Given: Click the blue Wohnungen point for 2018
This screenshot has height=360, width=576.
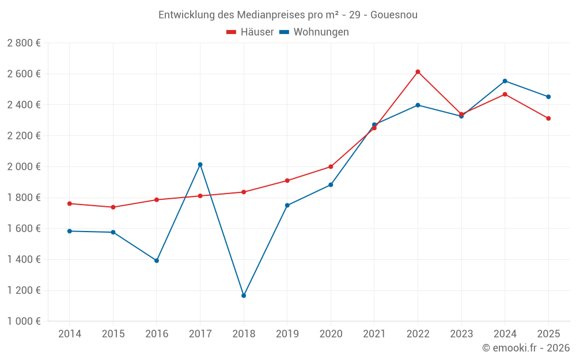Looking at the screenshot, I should coord(244,295).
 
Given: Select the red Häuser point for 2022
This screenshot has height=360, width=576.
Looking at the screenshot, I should coord(418,72).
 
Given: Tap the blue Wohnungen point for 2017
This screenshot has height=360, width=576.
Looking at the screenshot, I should coord(200,165).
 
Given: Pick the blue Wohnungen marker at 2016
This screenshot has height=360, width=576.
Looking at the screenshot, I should coord(157,260).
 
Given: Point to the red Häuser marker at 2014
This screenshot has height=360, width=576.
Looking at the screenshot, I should coord(70,203).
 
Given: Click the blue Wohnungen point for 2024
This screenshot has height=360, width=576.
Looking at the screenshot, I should coord(505,81).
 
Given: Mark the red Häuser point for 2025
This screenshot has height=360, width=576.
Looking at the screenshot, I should coord(548,119).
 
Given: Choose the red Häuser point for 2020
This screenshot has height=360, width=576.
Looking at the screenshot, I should coord(331,167).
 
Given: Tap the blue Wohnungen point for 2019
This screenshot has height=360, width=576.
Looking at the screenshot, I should coord(287,205).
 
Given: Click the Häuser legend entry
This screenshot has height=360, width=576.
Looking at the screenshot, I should coord(250,32).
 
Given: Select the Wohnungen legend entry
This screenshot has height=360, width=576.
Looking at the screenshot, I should coord(314,32).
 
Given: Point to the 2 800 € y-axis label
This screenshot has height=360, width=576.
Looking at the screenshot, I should coord(24,43).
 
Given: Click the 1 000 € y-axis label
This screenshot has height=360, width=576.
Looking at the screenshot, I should coord(24,321).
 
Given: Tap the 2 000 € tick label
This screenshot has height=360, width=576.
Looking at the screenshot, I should coord(24,166).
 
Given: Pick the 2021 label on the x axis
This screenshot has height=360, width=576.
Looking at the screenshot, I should coord(374,334).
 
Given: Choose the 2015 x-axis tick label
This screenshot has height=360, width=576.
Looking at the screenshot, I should coord(113,334).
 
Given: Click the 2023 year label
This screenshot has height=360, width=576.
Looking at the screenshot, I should coord(461,334).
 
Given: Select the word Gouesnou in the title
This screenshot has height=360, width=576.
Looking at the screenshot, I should coord(394,15).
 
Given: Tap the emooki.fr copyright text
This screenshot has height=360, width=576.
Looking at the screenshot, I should coord(526,348).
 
